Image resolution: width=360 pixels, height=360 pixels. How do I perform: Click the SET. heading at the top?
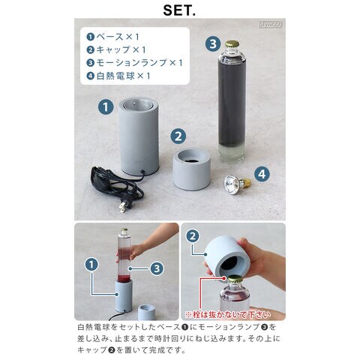coord(179,10)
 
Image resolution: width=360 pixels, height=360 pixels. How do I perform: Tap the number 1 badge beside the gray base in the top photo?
coord(106,107)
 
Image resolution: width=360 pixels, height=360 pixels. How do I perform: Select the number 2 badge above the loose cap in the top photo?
coord(178,136)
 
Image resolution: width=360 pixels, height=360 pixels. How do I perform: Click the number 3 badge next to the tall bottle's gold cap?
coord(213,44)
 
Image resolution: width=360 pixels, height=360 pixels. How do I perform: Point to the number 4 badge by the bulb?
coord(262,174)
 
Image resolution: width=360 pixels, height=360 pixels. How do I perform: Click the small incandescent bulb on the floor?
coord(237,182)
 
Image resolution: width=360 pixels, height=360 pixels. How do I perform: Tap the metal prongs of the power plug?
coord(121,207)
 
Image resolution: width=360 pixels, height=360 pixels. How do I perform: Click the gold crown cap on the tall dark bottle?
coord(232,44)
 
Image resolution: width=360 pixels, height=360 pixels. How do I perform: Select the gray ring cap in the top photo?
coord(192,169)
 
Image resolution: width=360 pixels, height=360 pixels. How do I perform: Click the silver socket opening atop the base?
coord(138,103)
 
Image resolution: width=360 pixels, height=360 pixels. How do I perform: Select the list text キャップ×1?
coord(121,49)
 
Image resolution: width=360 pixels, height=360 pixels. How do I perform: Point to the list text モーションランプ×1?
coord(139,63)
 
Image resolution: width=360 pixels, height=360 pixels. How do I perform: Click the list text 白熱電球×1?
coord(123,76)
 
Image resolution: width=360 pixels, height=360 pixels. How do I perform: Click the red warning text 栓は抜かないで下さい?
coord(228,315)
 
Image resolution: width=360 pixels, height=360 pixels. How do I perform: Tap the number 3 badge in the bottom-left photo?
coord(157,268)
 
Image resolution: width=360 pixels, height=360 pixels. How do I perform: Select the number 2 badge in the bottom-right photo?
coord(193,236)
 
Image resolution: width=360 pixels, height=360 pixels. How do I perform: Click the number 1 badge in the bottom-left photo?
coord(91,265)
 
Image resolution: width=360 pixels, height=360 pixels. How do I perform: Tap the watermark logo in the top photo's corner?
coord(271,25)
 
